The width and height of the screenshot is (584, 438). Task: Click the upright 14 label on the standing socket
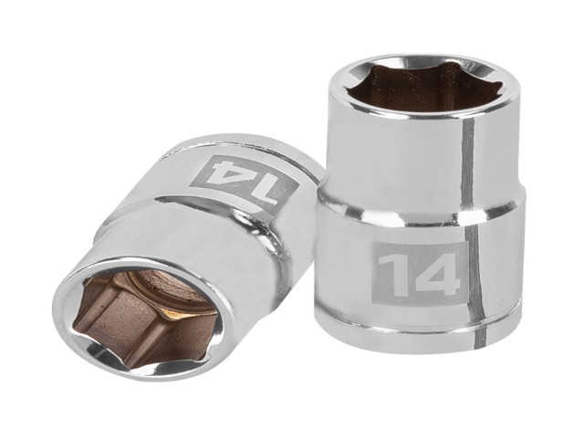point(418,274)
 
